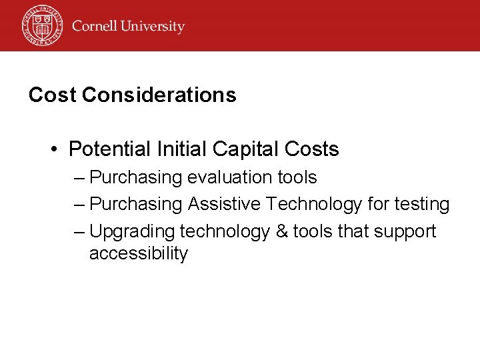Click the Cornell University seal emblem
click(x=41, y=25)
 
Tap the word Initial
click(x=177, y=149)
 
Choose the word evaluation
click(x=230, y=177)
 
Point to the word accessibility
click(x=139, y=254)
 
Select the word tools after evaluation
click(x=297, y=177)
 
